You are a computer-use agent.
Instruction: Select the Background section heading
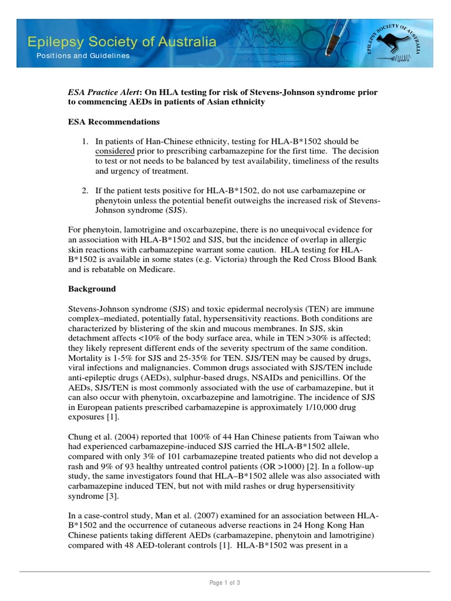coord(92,289)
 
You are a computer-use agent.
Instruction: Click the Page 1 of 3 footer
coord(225,583)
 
